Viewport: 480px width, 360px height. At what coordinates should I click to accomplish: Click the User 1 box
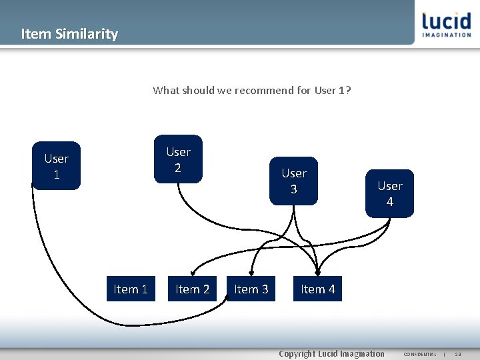pyautogui.click(x=56, y=166)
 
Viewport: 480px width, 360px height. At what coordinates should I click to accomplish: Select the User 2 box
pyautogui.click(x=178, y=159)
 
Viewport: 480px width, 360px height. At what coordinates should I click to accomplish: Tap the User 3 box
pyautogui.click(x=293, y=181)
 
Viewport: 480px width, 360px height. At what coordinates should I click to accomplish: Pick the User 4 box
pyautogui.click(x=389, y=193)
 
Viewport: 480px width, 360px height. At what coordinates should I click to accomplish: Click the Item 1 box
pyautogui.click(x=131, y=289)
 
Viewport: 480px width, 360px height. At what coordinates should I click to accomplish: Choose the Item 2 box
pyautogui.click(x=192, y=289)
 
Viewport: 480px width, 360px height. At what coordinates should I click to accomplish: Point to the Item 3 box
pyautogui.click(x=251, y=289)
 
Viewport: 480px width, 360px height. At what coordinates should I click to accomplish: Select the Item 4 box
pyautogui.click(x=317, y=289)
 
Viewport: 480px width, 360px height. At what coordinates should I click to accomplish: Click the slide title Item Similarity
pyautogui.click(x=69, y=34)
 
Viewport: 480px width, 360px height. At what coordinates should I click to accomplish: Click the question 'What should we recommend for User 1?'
pyautogui.click(x=251, y=90)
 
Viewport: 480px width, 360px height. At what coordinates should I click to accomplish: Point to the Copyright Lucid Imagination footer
pyautogui.click(x=331, y=353)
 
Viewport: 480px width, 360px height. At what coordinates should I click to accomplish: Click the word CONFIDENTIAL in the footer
pyautogui.click(x=419, y=354)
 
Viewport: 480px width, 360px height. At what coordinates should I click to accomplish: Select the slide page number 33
pyautogui.click(x=458, y=354)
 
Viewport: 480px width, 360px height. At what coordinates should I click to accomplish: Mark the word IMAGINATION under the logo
pyautogui.click(x=447, y=35)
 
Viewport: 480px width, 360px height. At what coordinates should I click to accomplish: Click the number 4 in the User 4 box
pyautogui.click(x=389, y=201)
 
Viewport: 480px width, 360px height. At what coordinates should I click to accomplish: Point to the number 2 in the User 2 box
pyautogui.click(x=178, y=167)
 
